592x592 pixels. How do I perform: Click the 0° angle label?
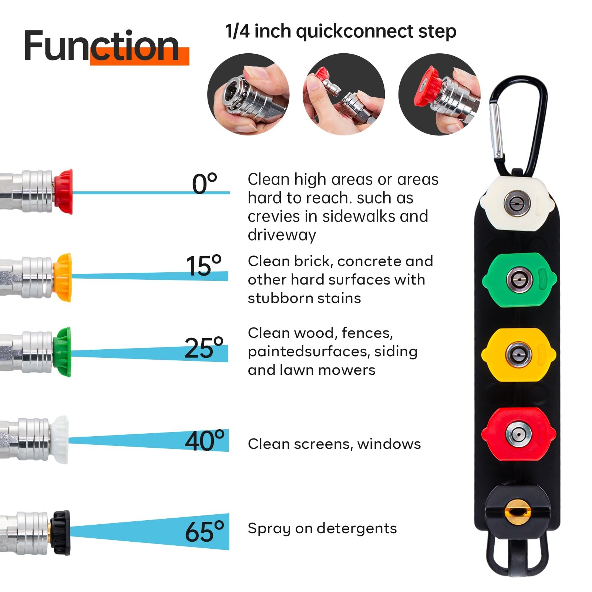(x=205, y=184)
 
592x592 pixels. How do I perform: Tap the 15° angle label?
(x=203, y=266)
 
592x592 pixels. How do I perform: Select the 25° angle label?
(x=204, y=348)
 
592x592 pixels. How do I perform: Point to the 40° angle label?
(x=205, y=440)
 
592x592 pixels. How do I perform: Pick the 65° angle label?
(x=205, y=532)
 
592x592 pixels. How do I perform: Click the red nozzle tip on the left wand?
(x=63, y=192)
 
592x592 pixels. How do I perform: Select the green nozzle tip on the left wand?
(x=62, y=351)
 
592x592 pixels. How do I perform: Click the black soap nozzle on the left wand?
(x=61, y=532)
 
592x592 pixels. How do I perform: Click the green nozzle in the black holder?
(x=519, y=280)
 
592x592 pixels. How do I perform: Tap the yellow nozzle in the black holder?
(x=518, y=354)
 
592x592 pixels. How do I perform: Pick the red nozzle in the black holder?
(x=518, y=434)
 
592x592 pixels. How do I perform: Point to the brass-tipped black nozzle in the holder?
(x=518, y=511)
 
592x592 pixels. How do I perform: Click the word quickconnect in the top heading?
(x=354, y=32)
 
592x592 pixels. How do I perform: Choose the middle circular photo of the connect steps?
(x=344, y=94)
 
